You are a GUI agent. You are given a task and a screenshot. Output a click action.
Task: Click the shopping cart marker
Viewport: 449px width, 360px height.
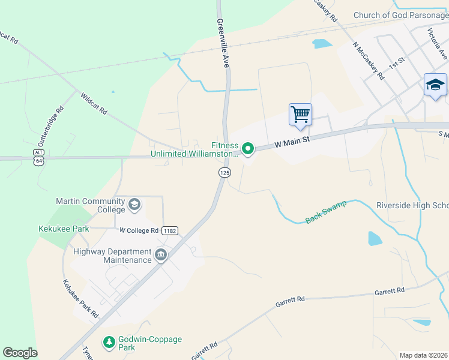(300, 113)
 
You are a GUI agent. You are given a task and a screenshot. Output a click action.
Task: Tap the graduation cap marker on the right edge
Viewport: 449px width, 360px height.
(435, 85)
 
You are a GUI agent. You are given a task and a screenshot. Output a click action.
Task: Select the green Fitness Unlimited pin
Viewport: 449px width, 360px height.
(247, 148)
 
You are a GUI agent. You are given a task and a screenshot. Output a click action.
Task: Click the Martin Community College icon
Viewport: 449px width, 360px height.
(134, 205)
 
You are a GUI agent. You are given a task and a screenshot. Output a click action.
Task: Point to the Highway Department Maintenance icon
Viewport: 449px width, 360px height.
(160, 255)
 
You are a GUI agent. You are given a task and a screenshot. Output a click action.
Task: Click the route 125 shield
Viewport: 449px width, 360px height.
(224, 173)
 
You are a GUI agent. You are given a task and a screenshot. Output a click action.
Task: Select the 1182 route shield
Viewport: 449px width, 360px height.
(170, 230)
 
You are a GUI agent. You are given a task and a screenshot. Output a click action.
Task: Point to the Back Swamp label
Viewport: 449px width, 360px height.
(326, 212)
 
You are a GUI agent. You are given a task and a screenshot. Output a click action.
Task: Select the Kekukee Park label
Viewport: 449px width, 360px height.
(64, 229)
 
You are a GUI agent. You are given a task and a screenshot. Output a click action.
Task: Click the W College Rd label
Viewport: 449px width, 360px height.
(139, 230)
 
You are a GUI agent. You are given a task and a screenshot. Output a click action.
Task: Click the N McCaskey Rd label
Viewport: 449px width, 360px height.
(369, 61)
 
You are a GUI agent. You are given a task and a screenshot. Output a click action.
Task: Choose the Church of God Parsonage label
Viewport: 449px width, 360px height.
(400, 15)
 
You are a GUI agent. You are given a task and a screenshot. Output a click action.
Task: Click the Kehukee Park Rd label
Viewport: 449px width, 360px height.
(80, 298)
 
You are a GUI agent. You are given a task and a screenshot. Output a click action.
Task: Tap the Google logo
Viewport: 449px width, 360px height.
(20, 353)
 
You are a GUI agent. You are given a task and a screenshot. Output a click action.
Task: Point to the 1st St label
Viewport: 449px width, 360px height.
(397, 62)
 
